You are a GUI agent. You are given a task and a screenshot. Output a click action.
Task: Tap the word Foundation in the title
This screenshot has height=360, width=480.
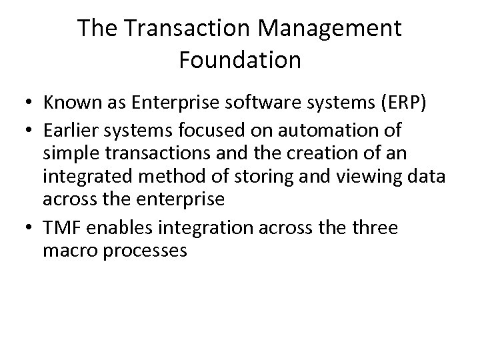(x=240, y=60)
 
